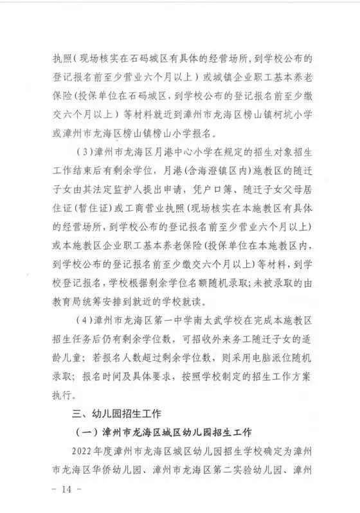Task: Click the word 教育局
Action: tap(71, 302)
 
